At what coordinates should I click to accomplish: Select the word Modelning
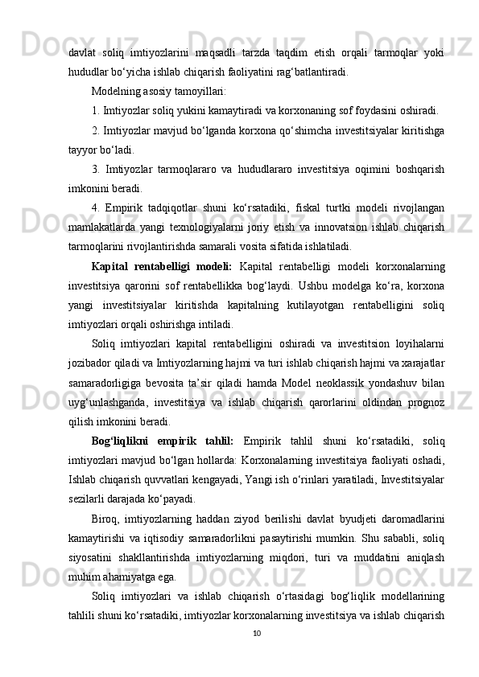pos(118,91)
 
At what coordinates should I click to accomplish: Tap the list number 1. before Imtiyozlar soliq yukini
pos(97,110)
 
